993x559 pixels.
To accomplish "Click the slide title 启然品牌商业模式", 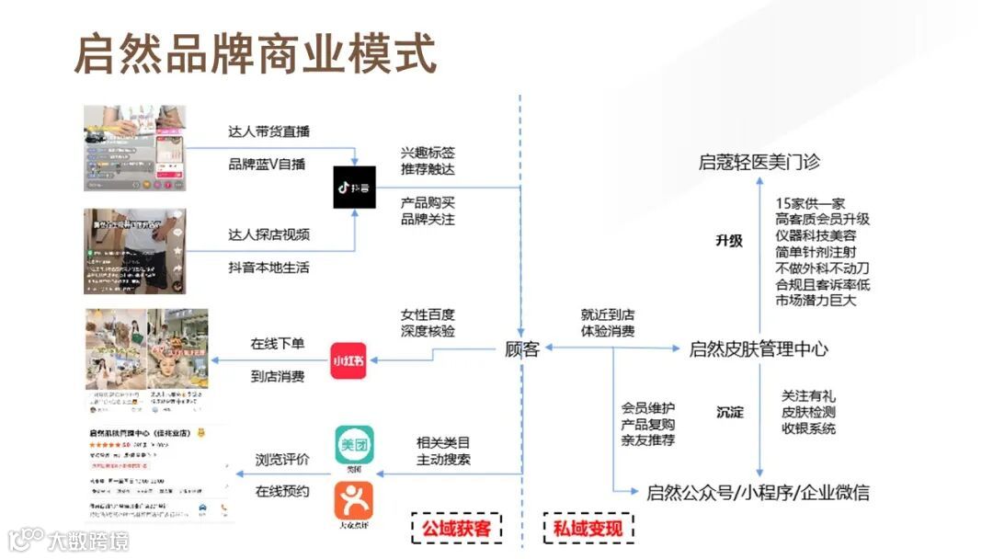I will coord(256,55).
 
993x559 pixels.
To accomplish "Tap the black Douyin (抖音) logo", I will coord(355,187).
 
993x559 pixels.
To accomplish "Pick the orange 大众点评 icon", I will coord(354,503).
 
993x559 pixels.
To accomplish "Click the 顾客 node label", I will coord(521,349).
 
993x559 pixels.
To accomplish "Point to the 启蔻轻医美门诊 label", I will coord(759,163).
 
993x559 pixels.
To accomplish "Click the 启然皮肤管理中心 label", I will coord(759,349).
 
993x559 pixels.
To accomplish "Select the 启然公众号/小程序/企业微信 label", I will coord(758,492).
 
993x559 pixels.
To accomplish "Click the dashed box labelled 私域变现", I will coord(588,529).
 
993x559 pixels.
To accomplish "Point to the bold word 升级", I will coord(729,241).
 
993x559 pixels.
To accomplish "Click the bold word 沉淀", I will coord(730,412).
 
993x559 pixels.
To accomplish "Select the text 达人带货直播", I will coord(268,131).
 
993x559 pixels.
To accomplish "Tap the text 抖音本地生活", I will coord(268,268).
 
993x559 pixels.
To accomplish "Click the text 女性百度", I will coord(428,314).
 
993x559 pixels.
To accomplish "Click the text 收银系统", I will coord(809,428).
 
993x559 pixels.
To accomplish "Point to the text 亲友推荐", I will coord(648,440).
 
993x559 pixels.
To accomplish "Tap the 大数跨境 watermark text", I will coord(88,541).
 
